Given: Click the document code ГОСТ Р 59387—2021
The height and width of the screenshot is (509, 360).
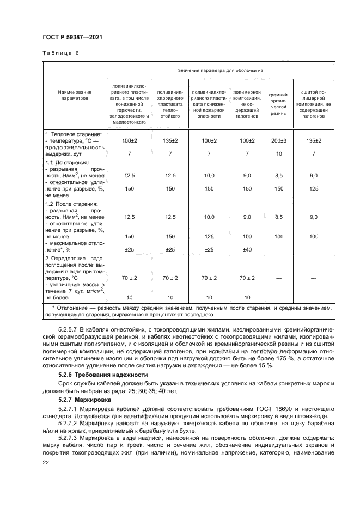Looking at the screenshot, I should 72,36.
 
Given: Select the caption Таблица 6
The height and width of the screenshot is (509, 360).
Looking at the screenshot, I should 60,53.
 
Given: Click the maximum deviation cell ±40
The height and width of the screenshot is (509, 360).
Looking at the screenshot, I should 247,249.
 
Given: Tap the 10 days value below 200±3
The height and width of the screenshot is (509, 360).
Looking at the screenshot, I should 278,154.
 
